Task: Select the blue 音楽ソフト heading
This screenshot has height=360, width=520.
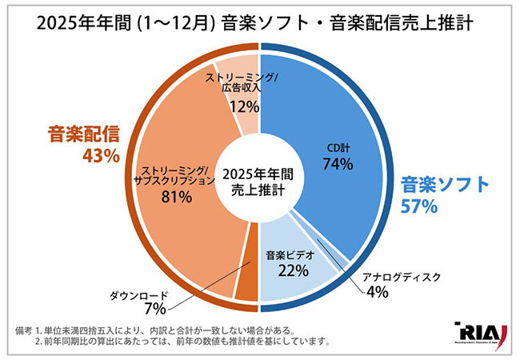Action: pos(444,185)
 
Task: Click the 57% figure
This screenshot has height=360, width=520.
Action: pos(418,207)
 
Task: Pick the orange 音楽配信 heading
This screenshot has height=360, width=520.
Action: pos(79,134)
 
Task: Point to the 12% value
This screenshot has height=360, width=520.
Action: pos(244,105)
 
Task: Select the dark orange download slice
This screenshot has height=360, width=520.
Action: pos(246,276)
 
